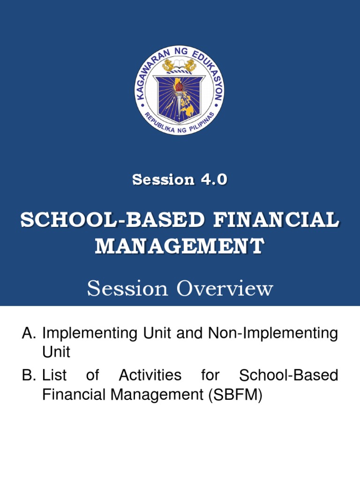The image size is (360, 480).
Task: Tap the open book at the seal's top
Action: (180, 64)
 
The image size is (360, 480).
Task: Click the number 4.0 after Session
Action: (213, 179)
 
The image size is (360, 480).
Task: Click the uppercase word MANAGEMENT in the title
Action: (180, 246)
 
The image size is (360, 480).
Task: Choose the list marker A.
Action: (29, 334)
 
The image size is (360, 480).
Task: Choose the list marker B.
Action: (29, 375)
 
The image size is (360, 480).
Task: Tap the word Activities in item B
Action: (150, 375)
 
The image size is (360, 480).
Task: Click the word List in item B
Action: (54, 375)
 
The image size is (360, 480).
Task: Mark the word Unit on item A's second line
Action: (56, 352)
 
